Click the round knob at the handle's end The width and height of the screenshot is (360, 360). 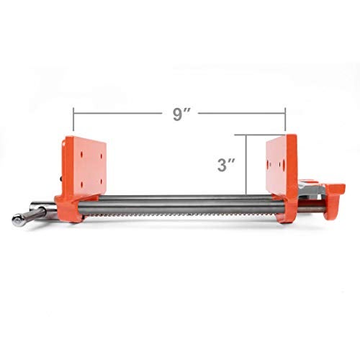pos(16,220)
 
